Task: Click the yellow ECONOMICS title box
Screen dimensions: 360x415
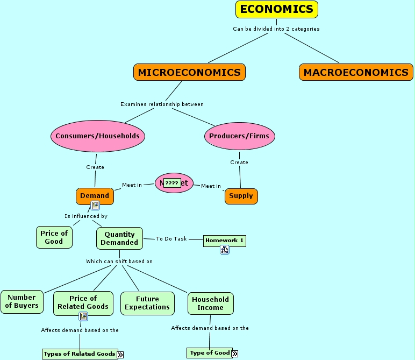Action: [x=277, y=9]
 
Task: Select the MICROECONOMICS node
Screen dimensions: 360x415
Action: [x=189, y=72]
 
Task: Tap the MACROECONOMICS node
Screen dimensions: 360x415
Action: [x=356, y=72]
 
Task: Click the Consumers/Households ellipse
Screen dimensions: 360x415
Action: [x=97, y=136]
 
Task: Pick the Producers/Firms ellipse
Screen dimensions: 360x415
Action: [x=240, y=136]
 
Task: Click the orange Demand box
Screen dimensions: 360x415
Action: [x=95, y=196]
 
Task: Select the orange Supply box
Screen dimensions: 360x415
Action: [x=241, y=196]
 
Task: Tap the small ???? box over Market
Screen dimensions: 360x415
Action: [x=171, y=183]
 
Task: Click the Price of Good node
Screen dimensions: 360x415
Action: [x=54, y=237]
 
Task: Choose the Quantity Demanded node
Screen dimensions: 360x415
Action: [x=119, y=238]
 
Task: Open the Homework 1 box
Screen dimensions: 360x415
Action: [x=224, y=241]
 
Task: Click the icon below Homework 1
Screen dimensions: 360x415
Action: [x=225, y=250]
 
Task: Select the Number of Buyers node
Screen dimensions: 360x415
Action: [x=22, y=301]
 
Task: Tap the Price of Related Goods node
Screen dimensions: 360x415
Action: [x=83, y=302]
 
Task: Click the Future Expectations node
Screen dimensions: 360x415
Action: [x=147, y=303]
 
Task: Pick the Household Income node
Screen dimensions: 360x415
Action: [x=210, y=303]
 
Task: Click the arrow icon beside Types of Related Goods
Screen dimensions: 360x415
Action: [x=120, y=354]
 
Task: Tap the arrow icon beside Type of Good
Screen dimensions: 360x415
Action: [x=235, y=354]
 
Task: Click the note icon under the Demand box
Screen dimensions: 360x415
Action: [x=95, y=206]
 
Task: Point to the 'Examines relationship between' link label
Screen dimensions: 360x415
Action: [x=162, y=104]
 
